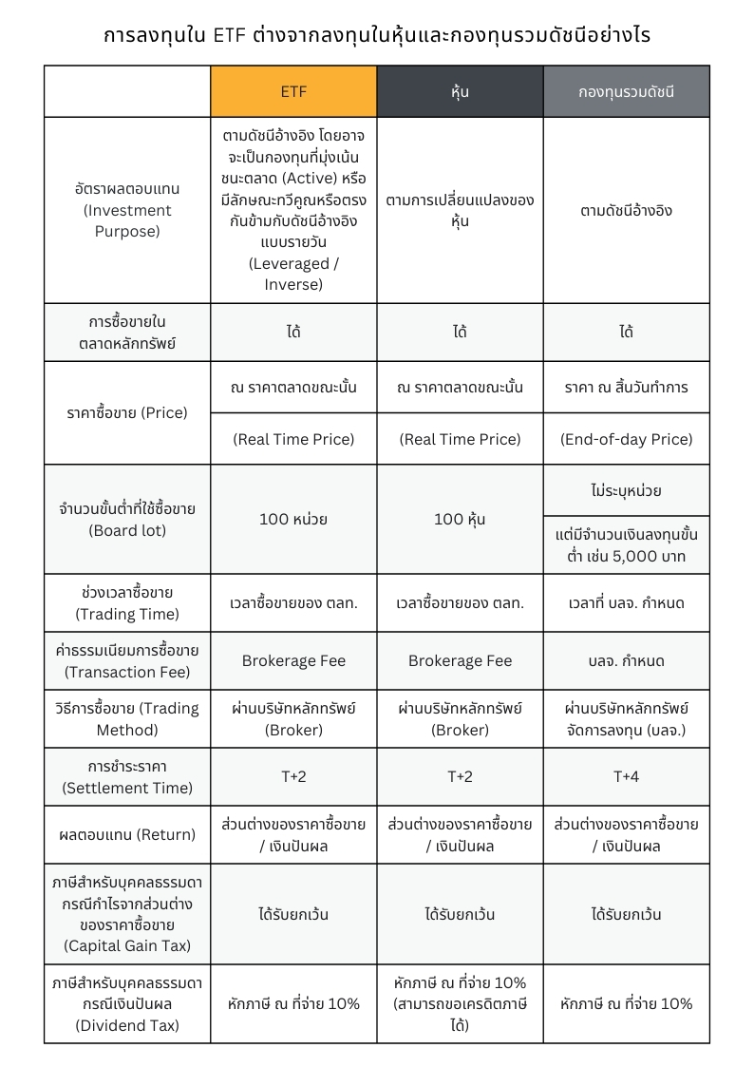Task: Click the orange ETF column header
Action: tap(293, 91)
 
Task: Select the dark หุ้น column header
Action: tap(460, 91)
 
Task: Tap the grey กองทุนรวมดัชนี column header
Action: tap(626, 91)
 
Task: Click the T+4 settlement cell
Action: tap(626, 776)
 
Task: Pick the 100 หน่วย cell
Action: tap(293, 519)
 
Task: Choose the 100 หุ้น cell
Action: tap(460, 519)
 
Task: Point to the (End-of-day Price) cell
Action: tap(626, 439)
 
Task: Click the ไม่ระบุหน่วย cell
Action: tap(626, 490)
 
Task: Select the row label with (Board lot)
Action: tap(127, 520)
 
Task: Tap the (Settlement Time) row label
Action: tap(127, 777)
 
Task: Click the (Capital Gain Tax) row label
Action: tap(127, 915)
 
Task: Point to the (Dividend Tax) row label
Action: tap(127, 1003)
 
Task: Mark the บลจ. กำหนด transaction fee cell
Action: tap(626, 660)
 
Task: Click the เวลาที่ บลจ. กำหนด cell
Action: tap(626, 603)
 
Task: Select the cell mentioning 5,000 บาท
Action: tap(626, 545)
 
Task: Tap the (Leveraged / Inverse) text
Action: tap(293, 274)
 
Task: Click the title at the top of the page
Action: tap(377, 36)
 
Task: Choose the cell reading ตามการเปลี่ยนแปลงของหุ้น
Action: tap(460, 210)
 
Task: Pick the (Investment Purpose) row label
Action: tap(127, 210)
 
